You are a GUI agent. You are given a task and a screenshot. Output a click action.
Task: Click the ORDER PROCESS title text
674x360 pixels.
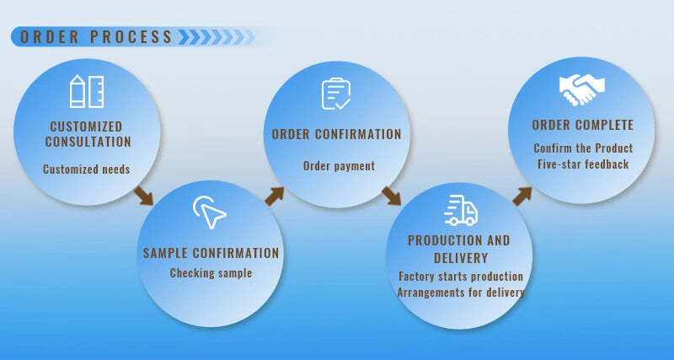(x=96, y=37)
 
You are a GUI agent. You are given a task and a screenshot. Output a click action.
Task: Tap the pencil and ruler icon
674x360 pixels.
(x=87, y=91)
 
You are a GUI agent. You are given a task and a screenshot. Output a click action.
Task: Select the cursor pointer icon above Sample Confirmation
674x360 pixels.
(x=209, y=212)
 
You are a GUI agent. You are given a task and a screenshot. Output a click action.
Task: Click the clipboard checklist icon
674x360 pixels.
(x=335, y=94)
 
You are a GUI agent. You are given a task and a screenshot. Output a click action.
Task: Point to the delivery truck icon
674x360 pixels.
(x=461, y=210)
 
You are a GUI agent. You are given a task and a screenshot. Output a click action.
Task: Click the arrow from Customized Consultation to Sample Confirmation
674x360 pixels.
(x=143, y=196)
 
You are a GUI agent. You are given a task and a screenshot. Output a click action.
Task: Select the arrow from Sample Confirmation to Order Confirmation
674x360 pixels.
(x=275, y=196)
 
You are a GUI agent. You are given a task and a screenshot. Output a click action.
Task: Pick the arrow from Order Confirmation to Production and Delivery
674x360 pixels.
(x=391, y=196)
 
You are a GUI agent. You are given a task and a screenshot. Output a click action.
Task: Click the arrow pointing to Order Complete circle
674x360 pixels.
(x=522, y=196)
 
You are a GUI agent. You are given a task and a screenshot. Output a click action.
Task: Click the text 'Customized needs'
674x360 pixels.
(x=87, y=169)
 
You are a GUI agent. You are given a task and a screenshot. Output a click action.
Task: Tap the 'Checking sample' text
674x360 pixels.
(x=211, y=273)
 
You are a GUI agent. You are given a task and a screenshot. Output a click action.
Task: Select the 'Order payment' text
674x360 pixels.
(x=340, y=165)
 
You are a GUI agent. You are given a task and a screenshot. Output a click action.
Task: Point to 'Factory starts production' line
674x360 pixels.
(x=461, y=277)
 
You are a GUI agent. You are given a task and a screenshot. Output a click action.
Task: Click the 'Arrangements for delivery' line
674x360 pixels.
(x=461, y=293)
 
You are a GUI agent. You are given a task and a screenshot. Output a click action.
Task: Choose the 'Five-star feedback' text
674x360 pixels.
(x=583, y=164)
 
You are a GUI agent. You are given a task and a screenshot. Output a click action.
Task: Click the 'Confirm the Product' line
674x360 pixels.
(x=583, y=148)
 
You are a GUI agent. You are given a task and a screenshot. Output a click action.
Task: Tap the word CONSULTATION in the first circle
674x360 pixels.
(x=88, y=142)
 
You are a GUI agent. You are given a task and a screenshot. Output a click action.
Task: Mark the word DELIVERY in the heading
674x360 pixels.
(x=461, y=258)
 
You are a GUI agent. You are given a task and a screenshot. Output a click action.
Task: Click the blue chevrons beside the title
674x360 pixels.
(x=217, y=37)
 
